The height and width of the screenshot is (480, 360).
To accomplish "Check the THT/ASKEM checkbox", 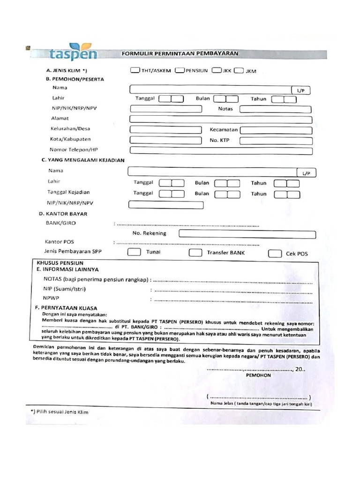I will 135,71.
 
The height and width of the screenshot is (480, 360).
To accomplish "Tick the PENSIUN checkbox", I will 179,71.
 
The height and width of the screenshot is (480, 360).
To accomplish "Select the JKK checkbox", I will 216,71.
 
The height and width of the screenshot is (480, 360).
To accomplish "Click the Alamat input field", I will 220,119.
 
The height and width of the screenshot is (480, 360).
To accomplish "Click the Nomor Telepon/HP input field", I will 220,150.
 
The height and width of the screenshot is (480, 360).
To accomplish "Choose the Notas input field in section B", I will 276,109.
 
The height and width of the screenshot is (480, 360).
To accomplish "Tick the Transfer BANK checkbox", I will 195,253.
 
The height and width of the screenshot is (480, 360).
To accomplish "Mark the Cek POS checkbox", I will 275,254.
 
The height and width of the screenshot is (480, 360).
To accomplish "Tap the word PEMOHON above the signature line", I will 258,375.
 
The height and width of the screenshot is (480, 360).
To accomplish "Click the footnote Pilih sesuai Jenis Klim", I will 59,412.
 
